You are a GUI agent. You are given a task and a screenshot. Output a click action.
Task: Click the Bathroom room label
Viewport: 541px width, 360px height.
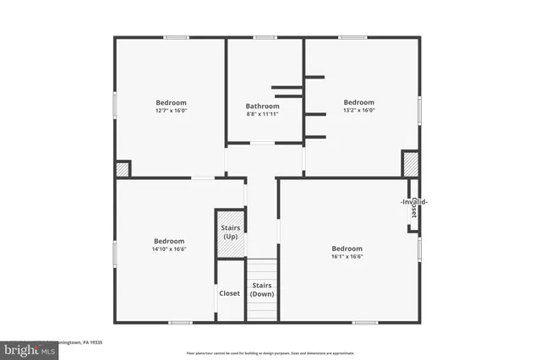(262, 106)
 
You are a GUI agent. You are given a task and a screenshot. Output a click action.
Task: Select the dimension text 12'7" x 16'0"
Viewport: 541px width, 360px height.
(171, 111)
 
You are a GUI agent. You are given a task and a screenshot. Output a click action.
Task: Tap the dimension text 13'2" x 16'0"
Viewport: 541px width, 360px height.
(358, 110)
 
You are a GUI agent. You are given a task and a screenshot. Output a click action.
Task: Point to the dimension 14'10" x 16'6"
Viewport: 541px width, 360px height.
(169, 248)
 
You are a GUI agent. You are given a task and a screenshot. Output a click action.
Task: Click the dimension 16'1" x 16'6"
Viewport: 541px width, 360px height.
(347, 257)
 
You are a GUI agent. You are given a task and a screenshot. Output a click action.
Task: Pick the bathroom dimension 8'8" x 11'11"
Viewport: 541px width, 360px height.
(262, 114)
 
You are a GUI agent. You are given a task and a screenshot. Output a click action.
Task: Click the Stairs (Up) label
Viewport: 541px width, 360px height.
(230, 232)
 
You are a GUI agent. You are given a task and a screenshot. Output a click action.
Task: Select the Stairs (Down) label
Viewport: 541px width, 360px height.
(262, 290)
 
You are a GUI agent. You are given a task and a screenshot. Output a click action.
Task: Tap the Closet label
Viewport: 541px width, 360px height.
(230, 293)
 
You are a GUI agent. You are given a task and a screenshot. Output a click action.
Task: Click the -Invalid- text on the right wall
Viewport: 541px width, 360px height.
(413, 202)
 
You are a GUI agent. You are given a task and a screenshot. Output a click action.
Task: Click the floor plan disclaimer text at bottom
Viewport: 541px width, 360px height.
(270, 353)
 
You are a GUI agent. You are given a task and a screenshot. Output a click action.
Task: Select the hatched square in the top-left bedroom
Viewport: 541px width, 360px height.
(123, 169)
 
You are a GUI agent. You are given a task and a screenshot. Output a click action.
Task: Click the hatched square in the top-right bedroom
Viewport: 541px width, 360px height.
(410, 163)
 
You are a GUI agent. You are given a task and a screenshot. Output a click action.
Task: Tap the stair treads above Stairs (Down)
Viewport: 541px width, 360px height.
(262, 269)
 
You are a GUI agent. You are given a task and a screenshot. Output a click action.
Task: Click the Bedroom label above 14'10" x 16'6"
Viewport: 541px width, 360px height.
(169, 240)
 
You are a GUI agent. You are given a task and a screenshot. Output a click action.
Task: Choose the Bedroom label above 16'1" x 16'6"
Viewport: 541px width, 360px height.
(347, 248)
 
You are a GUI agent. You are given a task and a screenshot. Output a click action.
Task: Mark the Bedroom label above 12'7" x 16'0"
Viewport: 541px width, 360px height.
(171, 102)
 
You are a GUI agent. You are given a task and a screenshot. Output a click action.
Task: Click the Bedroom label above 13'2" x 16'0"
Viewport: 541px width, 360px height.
(358, 101)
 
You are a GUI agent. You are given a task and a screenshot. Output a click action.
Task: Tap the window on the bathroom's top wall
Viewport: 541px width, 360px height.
(265, 37)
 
